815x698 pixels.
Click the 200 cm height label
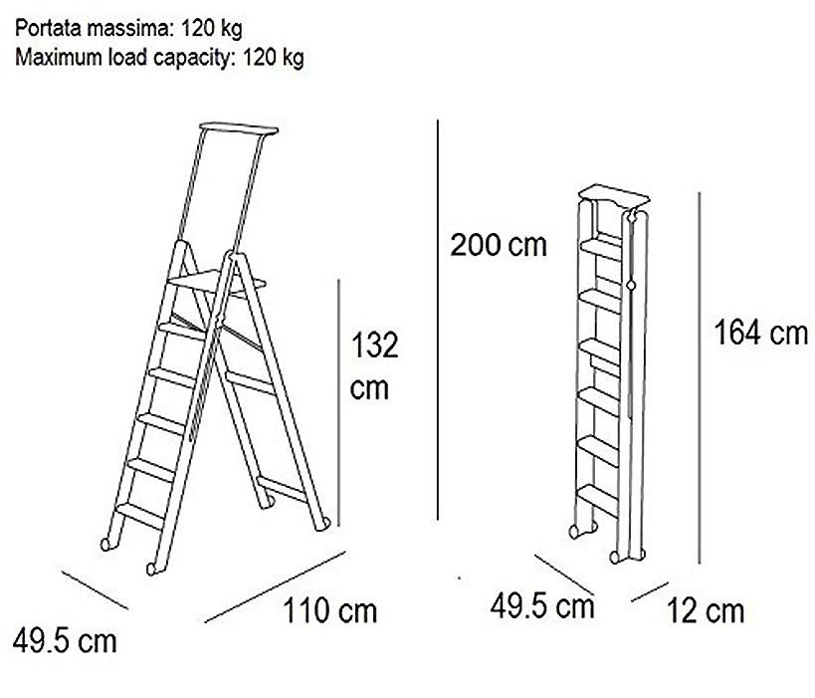pyautogui.click(x=499, y=245)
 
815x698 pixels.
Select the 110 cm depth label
pyautogui.click(x=330, y=610)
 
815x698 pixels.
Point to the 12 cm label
pyautogui.click(x=706, y=610)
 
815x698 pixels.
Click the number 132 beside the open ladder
pyautogui.click(x=375, y=345)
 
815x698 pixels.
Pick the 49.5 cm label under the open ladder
pyautogui.click(x=65, y=641)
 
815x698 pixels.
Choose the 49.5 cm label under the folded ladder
pyautogui.click(x=542, y=606)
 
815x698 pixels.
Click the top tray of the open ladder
pyautogui.click(x=239, y=127)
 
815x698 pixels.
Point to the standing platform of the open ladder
pyautogui.click(x=217, y=282)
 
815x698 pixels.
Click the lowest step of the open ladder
pyautogui.click(x=140, y=515)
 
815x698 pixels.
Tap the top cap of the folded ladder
pyautogui.click(x=614, y=194)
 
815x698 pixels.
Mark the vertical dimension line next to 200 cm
pyautogui.click(x=438, y=320)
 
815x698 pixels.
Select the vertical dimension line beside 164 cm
pyautogui.click(x=700, y=378)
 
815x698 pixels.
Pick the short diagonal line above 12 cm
pyautogui.click(x=649, y=591)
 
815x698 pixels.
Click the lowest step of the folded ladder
pyautogui.click(x=598, y=498)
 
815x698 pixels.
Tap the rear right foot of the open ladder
pyautogui.click(x=321, y=523)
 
